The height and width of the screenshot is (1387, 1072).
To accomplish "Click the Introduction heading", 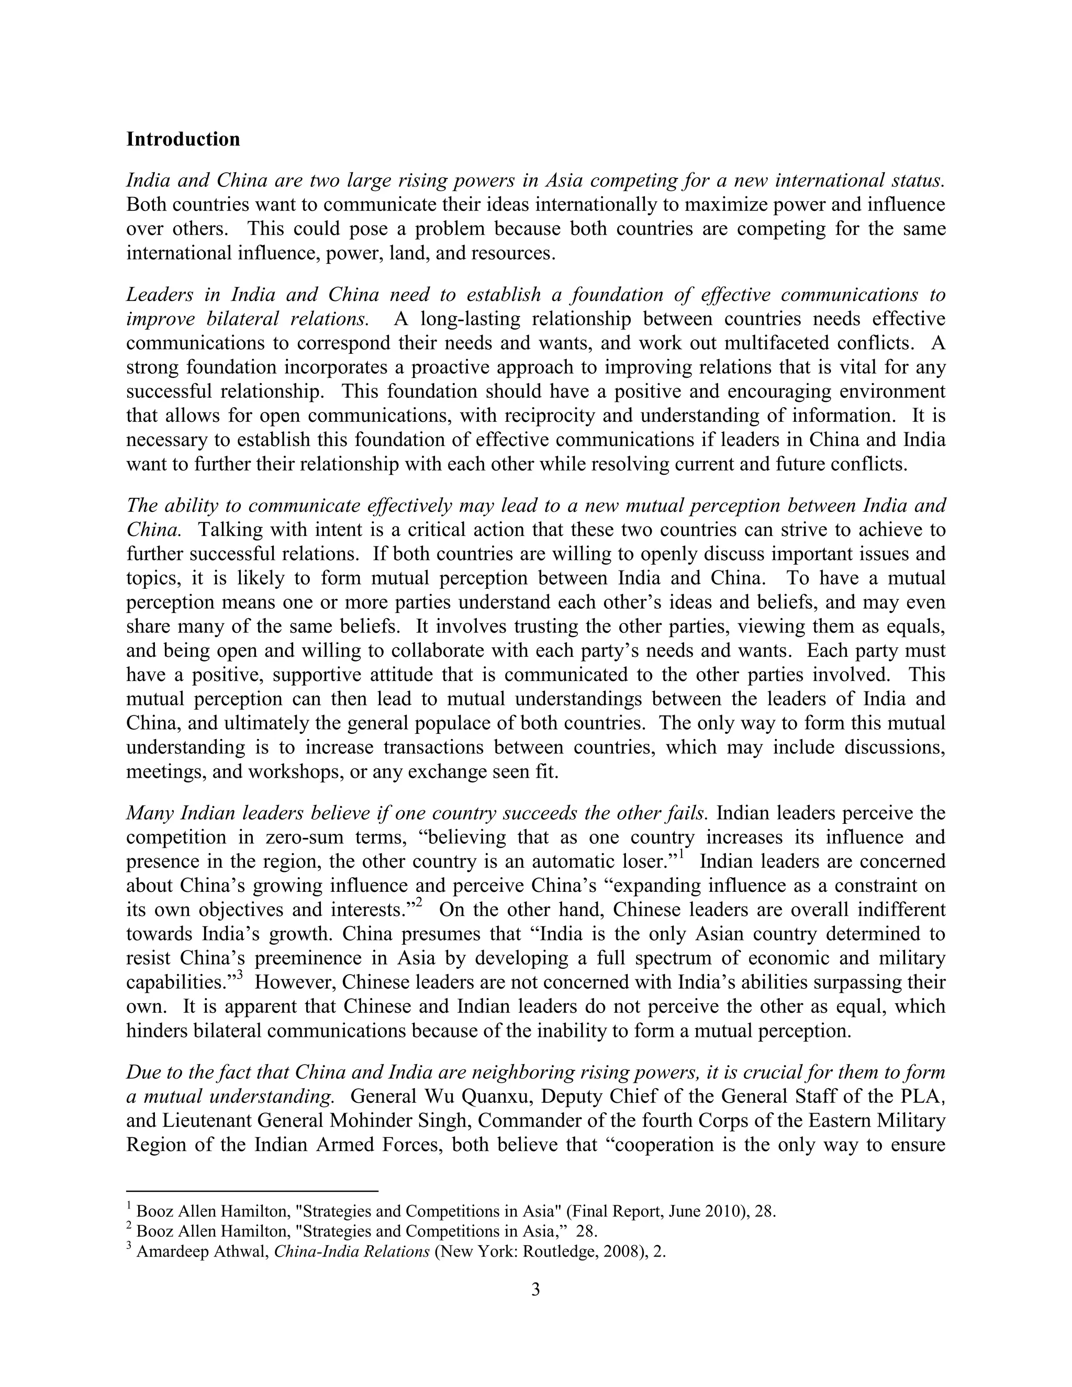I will (x=183, y=139).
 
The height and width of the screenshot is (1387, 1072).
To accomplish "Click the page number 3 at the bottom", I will (x=535, y=1289).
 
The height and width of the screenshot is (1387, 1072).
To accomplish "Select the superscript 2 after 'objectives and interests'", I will (x=419, y=902).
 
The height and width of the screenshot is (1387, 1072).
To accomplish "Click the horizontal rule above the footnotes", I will (x=252, y=1191).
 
